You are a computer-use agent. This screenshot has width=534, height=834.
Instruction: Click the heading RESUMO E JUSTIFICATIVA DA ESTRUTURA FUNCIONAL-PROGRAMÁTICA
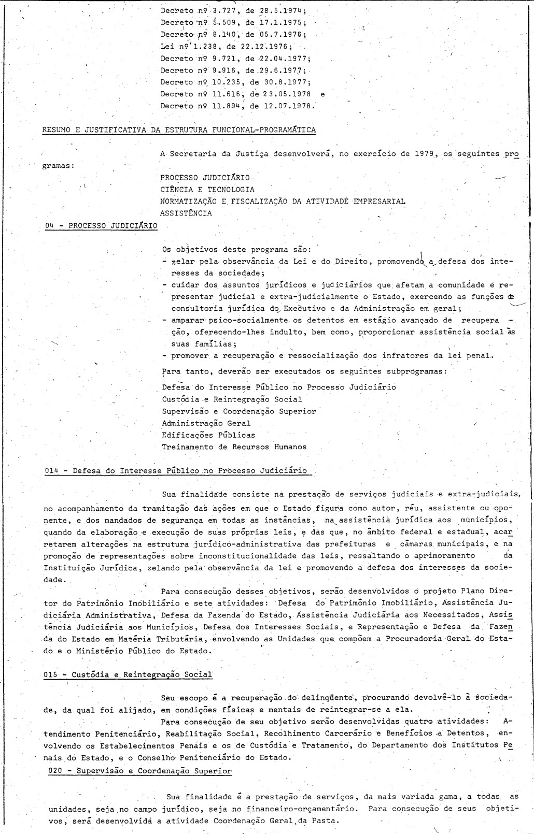tap(179, 130)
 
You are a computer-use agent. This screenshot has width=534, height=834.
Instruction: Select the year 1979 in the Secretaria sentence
tap(424, 154)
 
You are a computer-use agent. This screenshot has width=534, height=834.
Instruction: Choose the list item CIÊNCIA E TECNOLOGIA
tap(207, 190)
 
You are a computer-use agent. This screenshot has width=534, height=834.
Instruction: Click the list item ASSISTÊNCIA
tap(186, 213)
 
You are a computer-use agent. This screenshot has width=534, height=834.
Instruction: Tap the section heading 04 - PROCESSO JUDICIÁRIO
tap(101, 226)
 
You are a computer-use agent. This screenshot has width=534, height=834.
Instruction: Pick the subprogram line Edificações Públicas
tap(208, 435)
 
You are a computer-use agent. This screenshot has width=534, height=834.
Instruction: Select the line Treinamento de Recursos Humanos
tap(234, 447)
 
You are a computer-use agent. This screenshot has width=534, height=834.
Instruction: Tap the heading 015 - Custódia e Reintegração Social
tap(129, 674)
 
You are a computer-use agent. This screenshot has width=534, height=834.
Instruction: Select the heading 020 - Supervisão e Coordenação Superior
tap(140, 771)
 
